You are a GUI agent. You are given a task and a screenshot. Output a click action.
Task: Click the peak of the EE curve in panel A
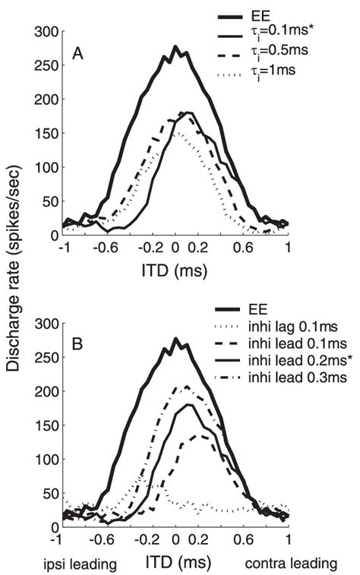point(175,47)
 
